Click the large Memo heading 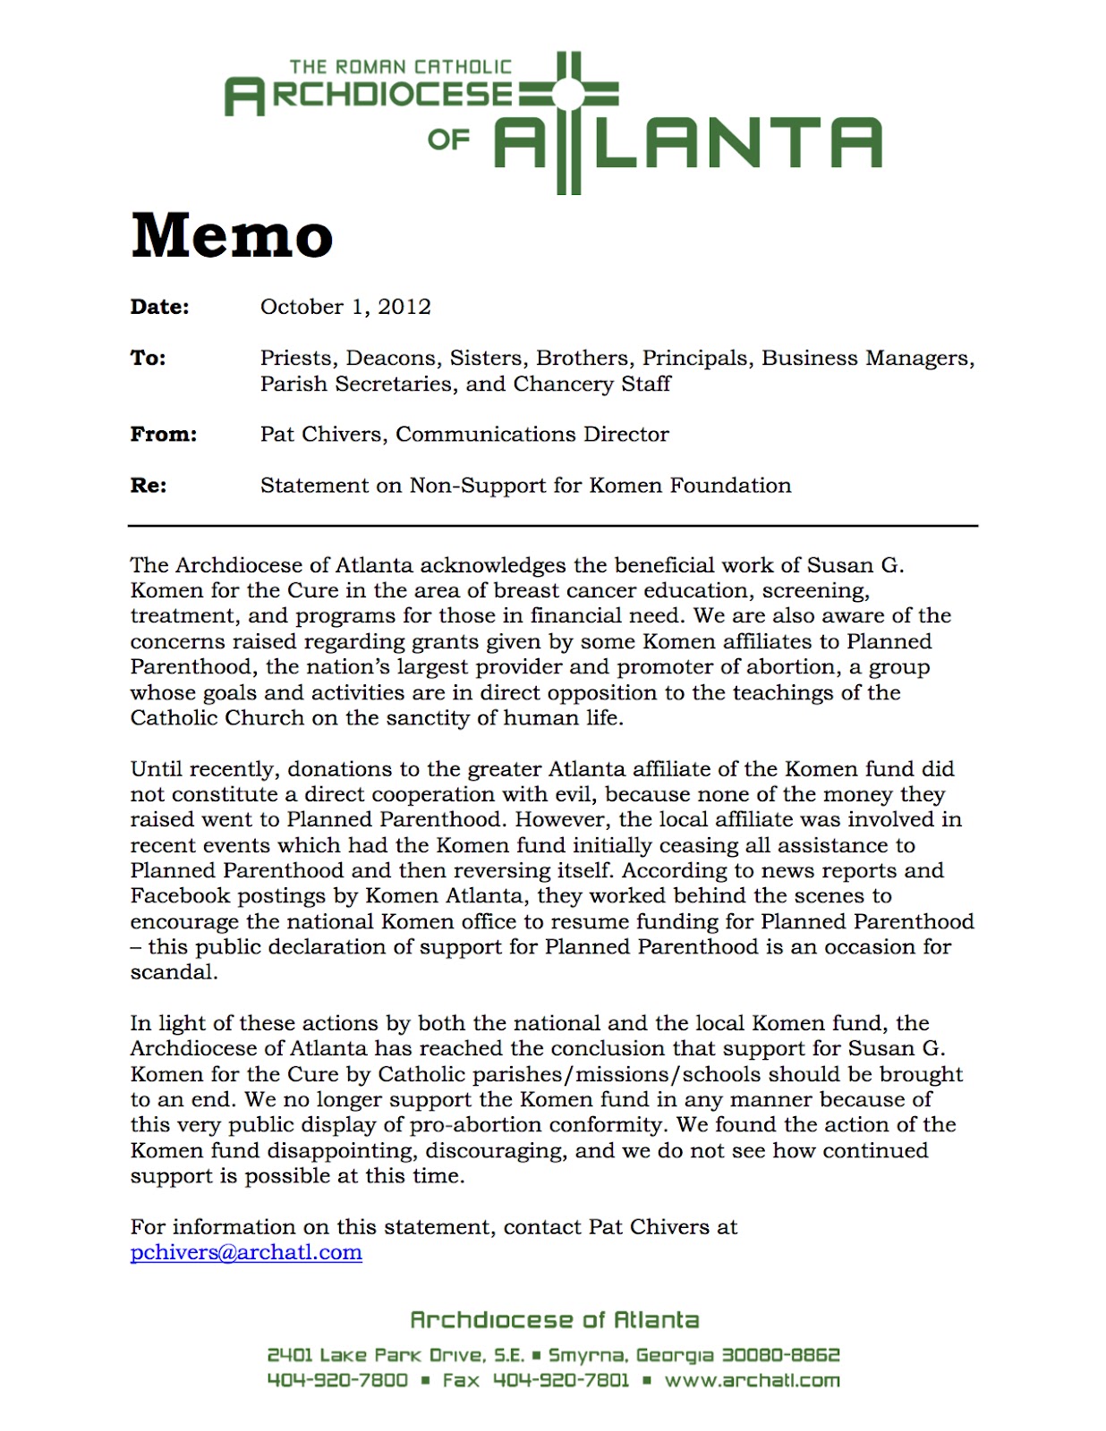point(232,235)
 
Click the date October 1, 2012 point(345,307)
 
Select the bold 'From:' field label point(164,435)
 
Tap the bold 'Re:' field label point(149,486)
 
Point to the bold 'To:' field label point(149,358)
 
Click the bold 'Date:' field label point(160,307)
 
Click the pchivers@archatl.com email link point(246,1252)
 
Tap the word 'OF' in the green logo point(448,140)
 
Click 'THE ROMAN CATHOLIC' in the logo point(400,67)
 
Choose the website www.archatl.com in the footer point(752,1380)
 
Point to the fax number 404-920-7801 point(561,1380)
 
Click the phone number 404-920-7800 point(337,1380)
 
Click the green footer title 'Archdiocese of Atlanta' point(554,1320)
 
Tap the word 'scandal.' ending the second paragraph point(174,972)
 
